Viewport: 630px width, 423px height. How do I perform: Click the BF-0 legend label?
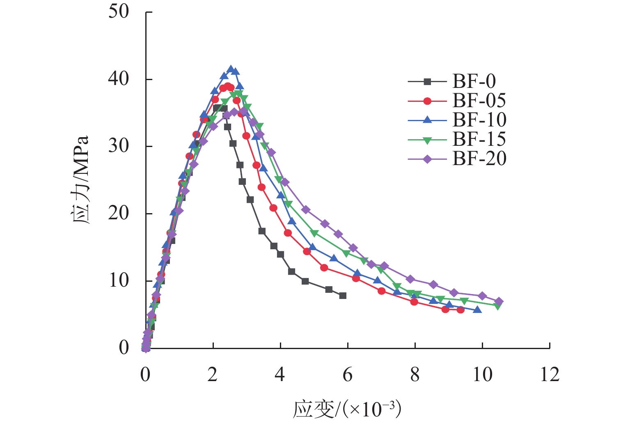click(x=474, y=81)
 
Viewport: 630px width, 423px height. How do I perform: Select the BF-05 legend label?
click(x=479, y=101)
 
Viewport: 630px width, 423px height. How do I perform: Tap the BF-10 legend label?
click(x=479, y=120)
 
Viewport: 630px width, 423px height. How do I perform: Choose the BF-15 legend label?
click(x=479, y=139)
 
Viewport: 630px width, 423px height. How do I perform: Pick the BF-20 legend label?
click(x=479, y=159)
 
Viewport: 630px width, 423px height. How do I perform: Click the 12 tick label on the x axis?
click(x=550, y=375)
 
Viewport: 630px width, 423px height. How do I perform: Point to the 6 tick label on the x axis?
click(x=348, y=375)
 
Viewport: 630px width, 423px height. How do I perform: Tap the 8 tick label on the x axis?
click(x=415, y=375)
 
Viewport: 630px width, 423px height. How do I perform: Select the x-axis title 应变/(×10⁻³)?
click(x=347, y=409)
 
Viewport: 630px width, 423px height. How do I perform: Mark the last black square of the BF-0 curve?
click(x=343, y=296)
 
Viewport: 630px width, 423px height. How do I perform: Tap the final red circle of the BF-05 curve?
click(x=460, y=310)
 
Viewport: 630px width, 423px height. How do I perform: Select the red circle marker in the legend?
click(x=427, y=101)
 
